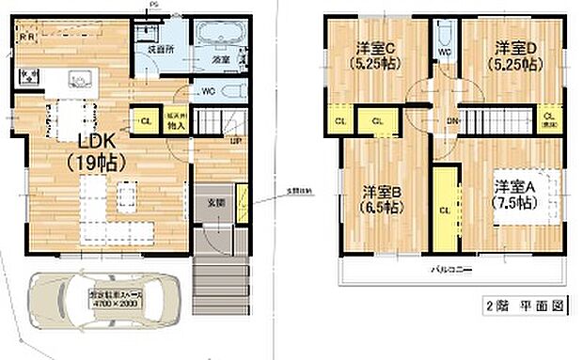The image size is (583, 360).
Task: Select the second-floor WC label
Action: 447,53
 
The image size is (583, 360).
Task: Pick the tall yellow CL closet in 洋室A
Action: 443,209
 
